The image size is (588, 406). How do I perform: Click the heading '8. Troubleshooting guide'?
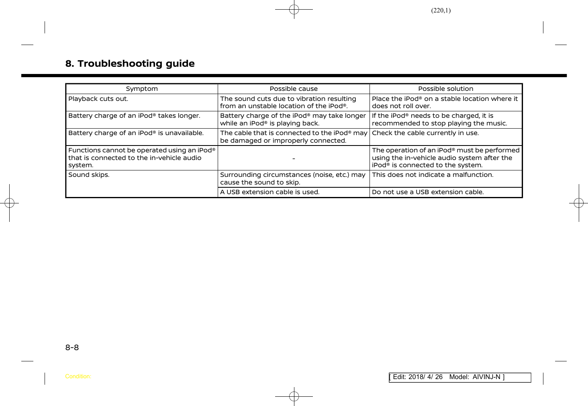click(x=130, y=64)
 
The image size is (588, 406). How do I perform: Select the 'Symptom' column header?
click(x=142, y=89)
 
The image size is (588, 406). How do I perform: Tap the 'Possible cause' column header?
click(x=294, y=89)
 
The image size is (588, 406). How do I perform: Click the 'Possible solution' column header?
click(x=445, y=89)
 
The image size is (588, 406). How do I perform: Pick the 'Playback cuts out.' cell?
click(x=98, y=99)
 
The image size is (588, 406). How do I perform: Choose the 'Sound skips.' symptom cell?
click(x=89, y=175)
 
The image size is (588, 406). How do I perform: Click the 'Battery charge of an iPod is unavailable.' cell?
click(x=136, y=133)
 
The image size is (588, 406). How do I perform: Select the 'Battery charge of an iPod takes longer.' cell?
click(x=134, y=116)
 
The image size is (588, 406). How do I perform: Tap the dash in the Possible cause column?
click(x=294, y=158)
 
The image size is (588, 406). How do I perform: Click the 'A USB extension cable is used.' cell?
click(x=269, y=192)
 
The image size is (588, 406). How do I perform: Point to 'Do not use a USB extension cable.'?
click(x=428, y=192)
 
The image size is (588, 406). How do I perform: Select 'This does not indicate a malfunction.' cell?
click(x=433, y=175)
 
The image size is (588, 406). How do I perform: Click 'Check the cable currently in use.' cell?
click(x=425, y=133)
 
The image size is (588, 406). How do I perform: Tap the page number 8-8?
click(x=72, y=347)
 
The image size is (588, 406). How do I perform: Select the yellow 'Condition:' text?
click(x=78, y=377)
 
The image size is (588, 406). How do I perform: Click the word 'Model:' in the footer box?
click(x=459, y=377)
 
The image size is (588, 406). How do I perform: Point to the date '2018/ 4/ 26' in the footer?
click(x=425, y=377)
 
